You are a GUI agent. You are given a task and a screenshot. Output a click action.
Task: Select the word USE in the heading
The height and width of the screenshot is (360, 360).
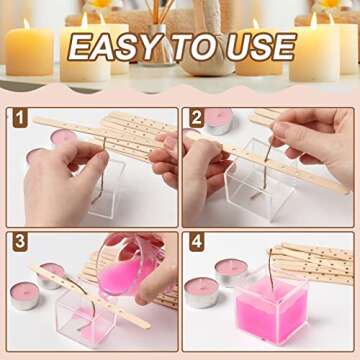pyautogui.click(x=257, y=47)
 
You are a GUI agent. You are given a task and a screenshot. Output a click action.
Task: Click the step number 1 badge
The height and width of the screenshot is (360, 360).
pyautogui.click(x=20, y=118)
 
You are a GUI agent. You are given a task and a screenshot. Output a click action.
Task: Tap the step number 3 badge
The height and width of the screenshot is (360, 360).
pyautogui.click(x=20, y=243)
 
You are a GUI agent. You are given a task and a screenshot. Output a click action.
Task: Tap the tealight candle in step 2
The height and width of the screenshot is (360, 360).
pyautogui.click(x=217, y=121)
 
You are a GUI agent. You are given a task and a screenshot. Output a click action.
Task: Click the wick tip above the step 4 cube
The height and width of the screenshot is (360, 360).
pyautogui.click(x=267, y=256)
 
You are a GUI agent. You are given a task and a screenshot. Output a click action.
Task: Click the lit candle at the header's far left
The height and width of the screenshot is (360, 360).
pyautogui.click(x=27, y=50)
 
